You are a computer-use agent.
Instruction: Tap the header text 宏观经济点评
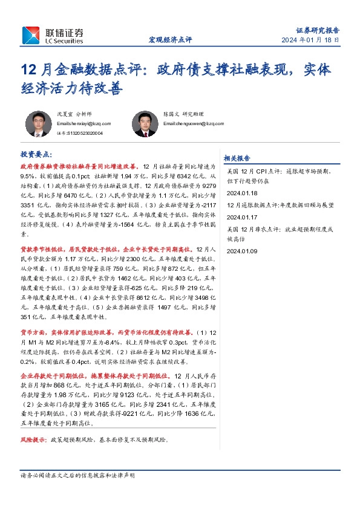point(170,41)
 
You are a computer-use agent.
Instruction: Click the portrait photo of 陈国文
point(143,124)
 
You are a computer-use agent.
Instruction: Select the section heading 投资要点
point(36,155)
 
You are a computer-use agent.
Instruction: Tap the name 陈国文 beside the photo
point(172,114)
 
